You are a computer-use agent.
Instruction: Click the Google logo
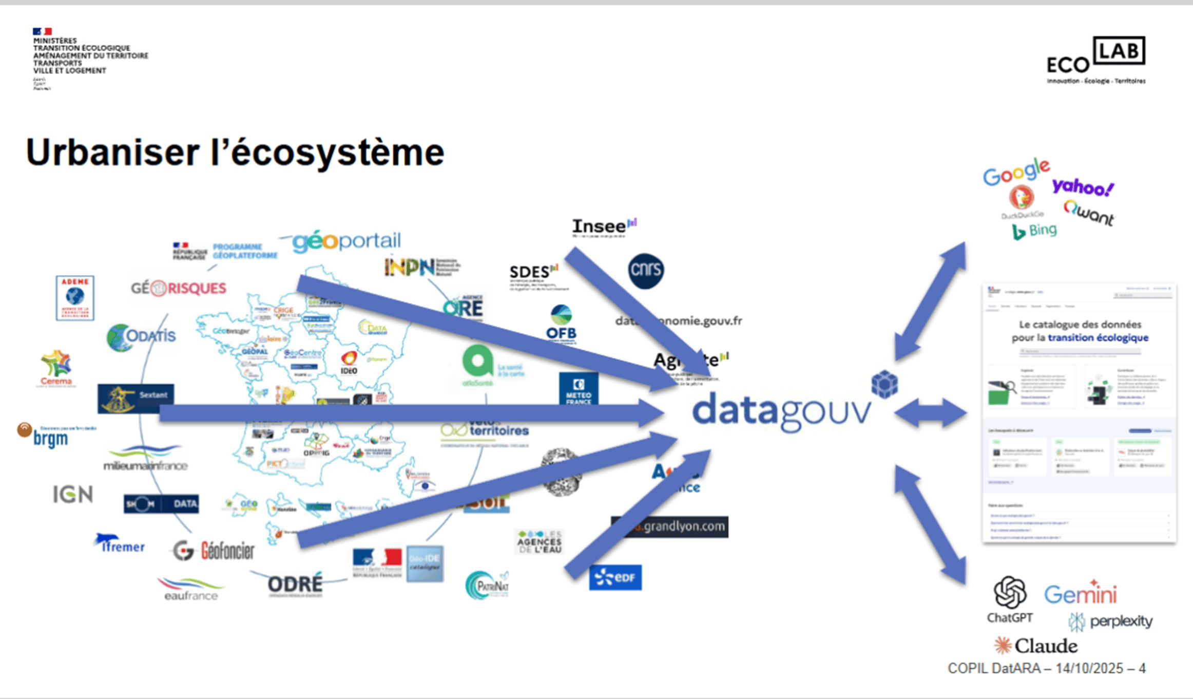(x=1016, y=172)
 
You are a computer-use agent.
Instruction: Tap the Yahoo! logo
(x=1083, y=187)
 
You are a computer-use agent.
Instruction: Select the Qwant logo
(x=1089, y=213)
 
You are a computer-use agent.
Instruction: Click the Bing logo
(x=1034, y=231)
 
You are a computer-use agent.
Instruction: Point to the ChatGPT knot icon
(x=1010, y=592)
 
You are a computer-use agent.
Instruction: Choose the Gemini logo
(x=1081, y=594)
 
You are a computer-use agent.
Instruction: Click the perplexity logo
(x=1111, y=621)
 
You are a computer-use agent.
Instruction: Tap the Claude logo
(x=1035, y=646)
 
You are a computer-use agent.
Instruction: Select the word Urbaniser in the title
(x=112, y=153)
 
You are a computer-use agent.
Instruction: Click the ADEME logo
(x=75, y=298)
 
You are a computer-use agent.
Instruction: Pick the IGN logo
(x=73, y=494)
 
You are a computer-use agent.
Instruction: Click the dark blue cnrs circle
(x=645, y=271)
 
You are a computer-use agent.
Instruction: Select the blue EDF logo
(x=615, y=578)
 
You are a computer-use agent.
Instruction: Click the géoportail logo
(x=346, y=241)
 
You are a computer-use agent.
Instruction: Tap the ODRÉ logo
(x=295, y=584)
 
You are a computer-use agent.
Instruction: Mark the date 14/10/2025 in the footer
(x=1090, y=668)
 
